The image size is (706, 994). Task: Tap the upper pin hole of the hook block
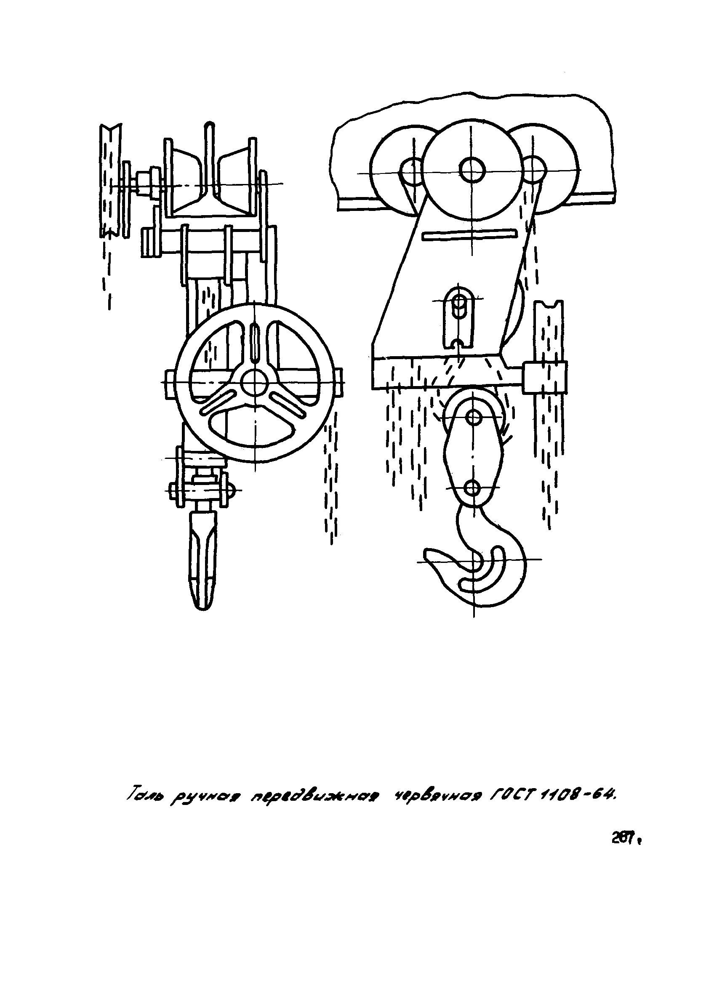473,418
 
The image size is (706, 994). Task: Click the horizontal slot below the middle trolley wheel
469,234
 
